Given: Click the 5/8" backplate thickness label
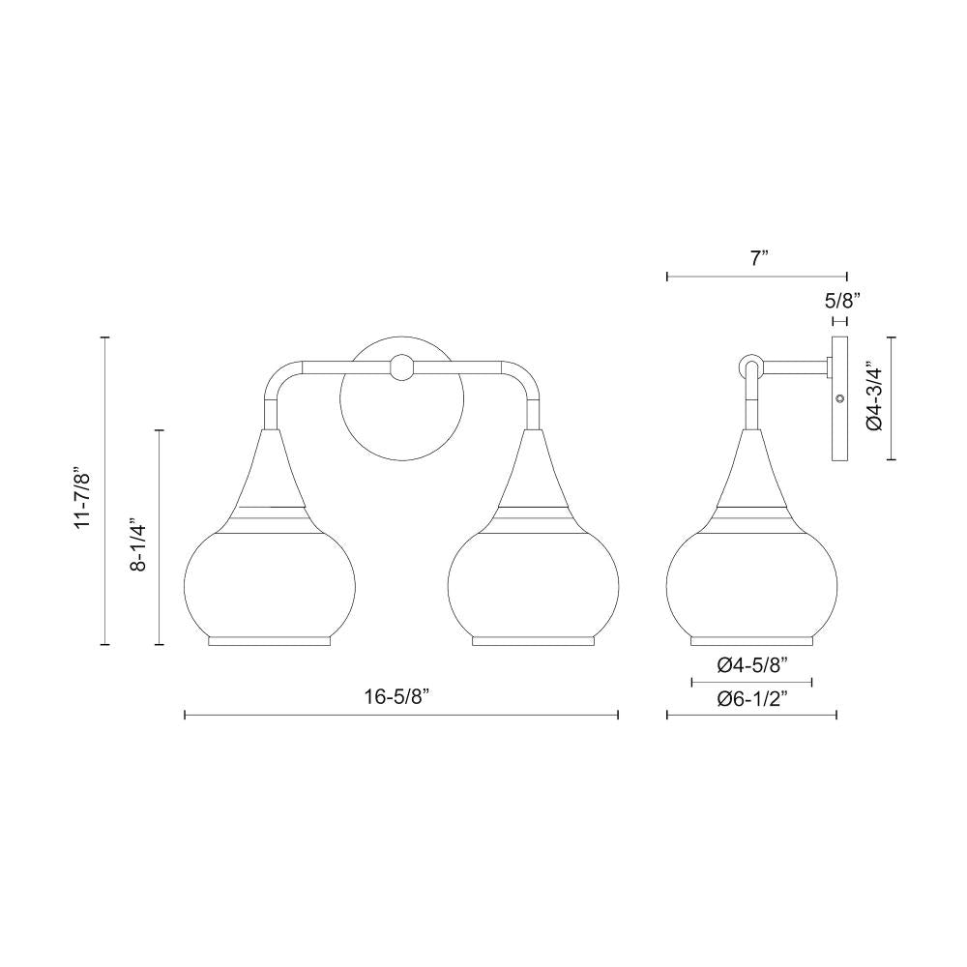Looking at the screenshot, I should [x=839, y=300].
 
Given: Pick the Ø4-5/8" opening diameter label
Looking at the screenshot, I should [x=752, y=664].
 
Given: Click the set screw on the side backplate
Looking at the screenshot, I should [x=839, y=398].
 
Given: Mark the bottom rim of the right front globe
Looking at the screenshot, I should [x=532, y=640].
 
